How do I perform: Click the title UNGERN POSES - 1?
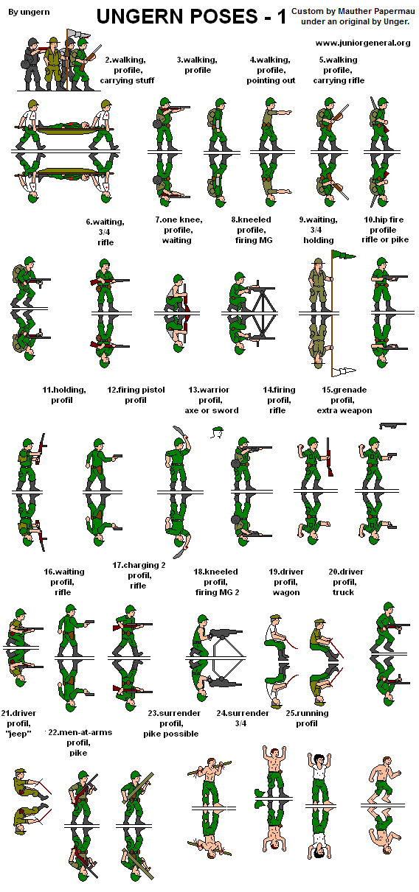click(x=191, y=17)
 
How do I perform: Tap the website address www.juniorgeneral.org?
click(x=363, y=43)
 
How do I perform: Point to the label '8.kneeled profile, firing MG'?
click(x=251, y=229)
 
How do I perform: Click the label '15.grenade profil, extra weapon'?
click(x=344, y=399)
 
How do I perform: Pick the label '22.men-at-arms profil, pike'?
click(x=77, y=742)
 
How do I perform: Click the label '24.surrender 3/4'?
click(x=243, y=718)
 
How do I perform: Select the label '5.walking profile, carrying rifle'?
click(x=338, y=70)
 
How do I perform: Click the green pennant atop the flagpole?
click(x=343, y=254)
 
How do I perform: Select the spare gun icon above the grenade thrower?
click(x=392, y=426)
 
